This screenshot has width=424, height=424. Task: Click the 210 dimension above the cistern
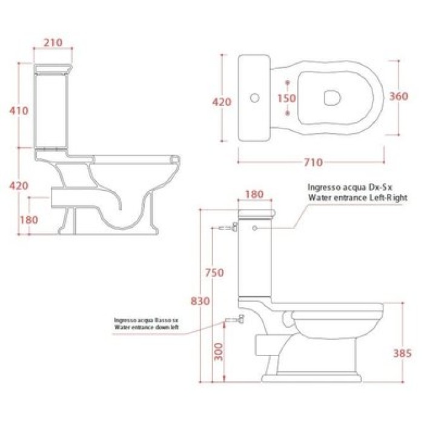tap(53, 42)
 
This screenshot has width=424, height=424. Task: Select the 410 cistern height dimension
tap(19, 111)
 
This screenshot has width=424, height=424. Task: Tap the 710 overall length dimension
tap(313, 162)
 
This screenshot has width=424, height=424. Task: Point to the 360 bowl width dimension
tap(399, 96)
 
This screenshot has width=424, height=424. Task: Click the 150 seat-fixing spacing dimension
tap(287, 98)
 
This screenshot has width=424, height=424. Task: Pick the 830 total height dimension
tap(200, 301)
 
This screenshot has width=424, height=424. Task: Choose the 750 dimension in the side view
tap(214, 273)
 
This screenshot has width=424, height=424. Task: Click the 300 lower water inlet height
tap(219, 352)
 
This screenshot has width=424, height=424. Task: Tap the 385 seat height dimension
tap(402, 353)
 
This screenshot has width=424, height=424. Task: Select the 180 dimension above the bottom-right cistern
tap(254, 194)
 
